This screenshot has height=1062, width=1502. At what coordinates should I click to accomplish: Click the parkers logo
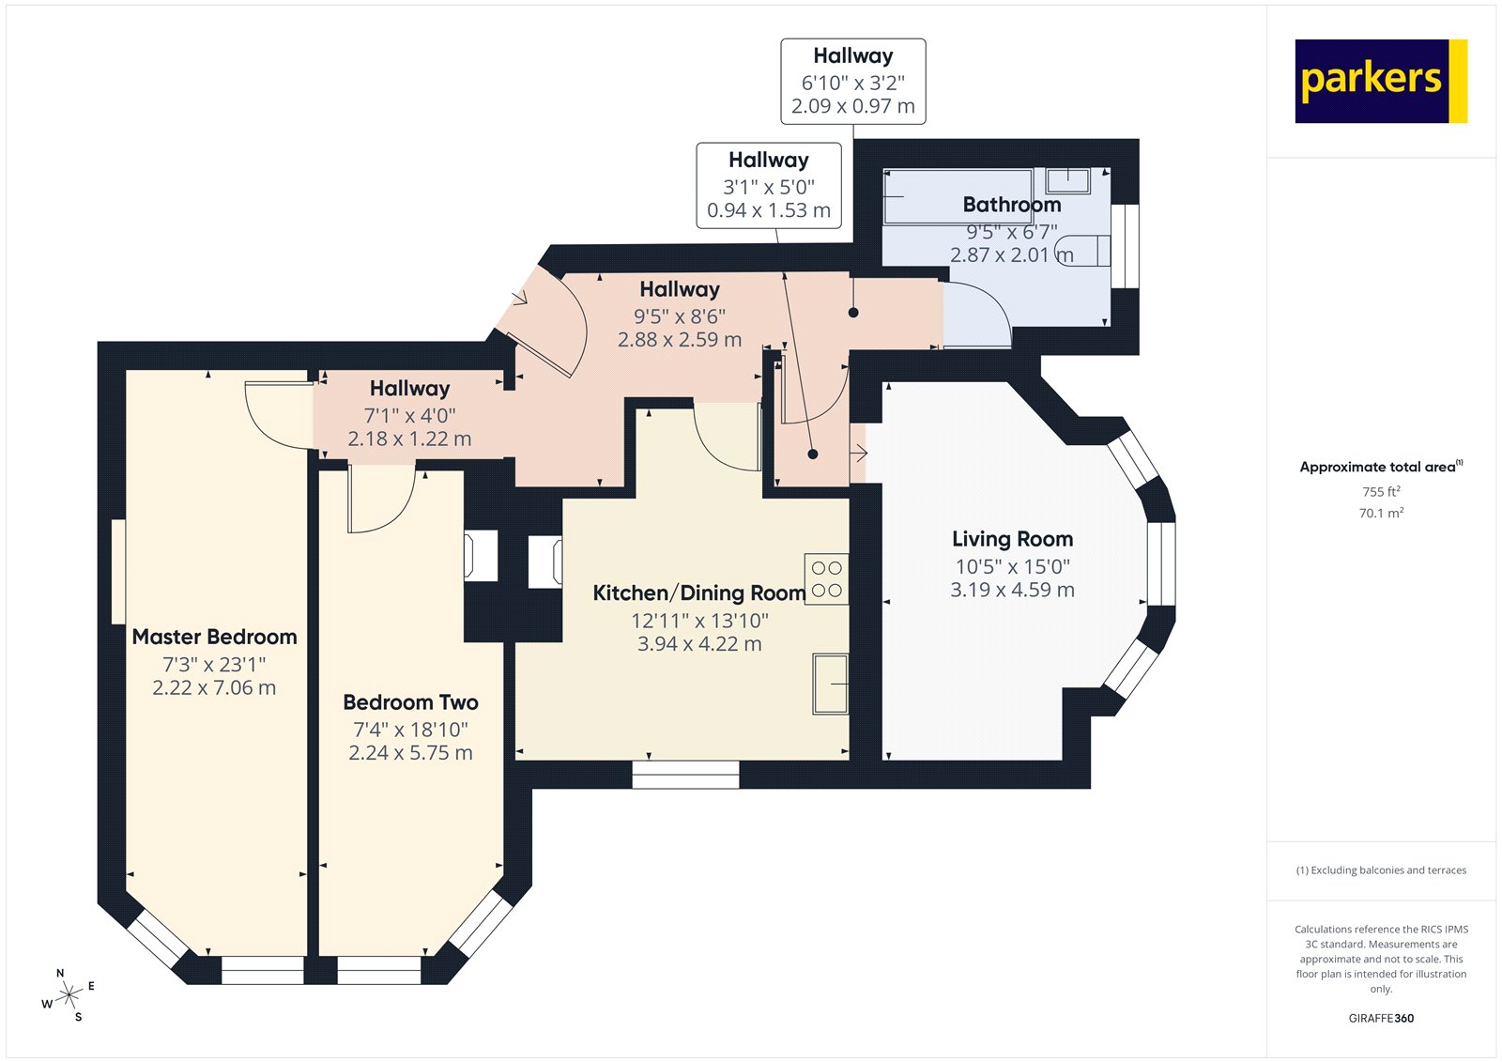click(1380, 81)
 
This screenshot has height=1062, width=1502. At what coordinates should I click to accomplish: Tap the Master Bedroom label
click(214, 637)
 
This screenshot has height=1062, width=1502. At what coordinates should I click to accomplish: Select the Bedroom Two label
click(410, 702)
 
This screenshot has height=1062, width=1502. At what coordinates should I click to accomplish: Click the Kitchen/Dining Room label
click(698, 593)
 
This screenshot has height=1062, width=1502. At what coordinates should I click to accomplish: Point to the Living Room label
click(1012, 539)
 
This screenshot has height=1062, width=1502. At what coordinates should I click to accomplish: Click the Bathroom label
click(1011, 205)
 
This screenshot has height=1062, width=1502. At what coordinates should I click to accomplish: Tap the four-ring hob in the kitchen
click(826, 579)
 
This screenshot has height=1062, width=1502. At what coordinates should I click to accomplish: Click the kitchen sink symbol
click(830, 684)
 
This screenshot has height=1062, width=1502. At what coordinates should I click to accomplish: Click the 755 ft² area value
click(1381, 491)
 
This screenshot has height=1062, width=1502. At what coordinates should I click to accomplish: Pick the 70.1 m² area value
click(1381, 513)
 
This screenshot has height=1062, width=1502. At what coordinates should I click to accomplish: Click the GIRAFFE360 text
click(1381, 1018)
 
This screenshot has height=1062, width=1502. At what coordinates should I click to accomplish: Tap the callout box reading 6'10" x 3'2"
click(852, 82)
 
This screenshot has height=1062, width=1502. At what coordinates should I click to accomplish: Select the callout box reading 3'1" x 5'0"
click(768, 185)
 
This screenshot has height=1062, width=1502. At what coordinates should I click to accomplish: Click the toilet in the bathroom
click(1087, 251)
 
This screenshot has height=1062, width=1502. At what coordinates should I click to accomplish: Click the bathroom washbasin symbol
click(1068, 180)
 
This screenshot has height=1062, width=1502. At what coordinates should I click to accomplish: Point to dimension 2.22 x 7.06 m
click(214, 687)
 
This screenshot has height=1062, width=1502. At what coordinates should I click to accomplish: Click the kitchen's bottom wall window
click(685, 775)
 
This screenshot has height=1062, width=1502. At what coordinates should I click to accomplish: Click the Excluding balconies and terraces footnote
click(1381, 870)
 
